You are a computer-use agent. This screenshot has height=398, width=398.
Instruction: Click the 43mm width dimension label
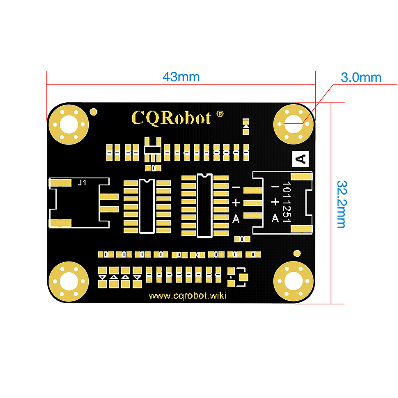click(181, 77)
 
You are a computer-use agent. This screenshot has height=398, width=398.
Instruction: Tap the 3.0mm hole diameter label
click(361, 78)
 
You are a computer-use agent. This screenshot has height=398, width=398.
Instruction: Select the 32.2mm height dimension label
click(341, 204)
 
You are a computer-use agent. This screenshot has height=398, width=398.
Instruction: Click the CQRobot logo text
click(171, 118)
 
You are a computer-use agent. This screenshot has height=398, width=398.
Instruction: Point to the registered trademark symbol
click(220, 114)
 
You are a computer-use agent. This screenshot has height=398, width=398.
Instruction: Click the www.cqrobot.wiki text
click(187, 296)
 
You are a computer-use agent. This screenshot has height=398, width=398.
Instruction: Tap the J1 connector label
click(82, 183)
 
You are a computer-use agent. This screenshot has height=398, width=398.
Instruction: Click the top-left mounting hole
click(69, 124)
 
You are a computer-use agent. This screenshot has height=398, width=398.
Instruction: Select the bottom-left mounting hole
click(69, 281)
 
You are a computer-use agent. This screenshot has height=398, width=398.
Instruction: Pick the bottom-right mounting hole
click(293, 281)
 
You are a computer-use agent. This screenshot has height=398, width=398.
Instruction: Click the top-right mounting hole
click(293, 124)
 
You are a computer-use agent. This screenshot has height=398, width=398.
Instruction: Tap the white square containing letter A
click(300, 159)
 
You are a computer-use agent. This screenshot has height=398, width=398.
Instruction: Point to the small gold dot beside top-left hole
click(94, 112)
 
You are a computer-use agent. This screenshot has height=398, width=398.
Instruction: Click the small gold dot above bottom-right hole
click(297, 253)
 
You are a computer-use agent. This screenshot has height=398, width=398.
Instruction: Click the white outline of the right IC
click(197, 206)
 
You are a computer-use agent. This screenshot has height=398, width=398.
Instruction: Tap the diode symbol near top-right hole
click(246, 127)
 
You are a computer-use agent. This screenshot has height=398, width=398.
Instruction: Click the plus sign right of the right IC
click(236, 203)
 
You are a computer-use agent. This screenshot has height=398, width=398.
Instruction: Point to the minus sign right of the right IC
click(236, 187)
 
